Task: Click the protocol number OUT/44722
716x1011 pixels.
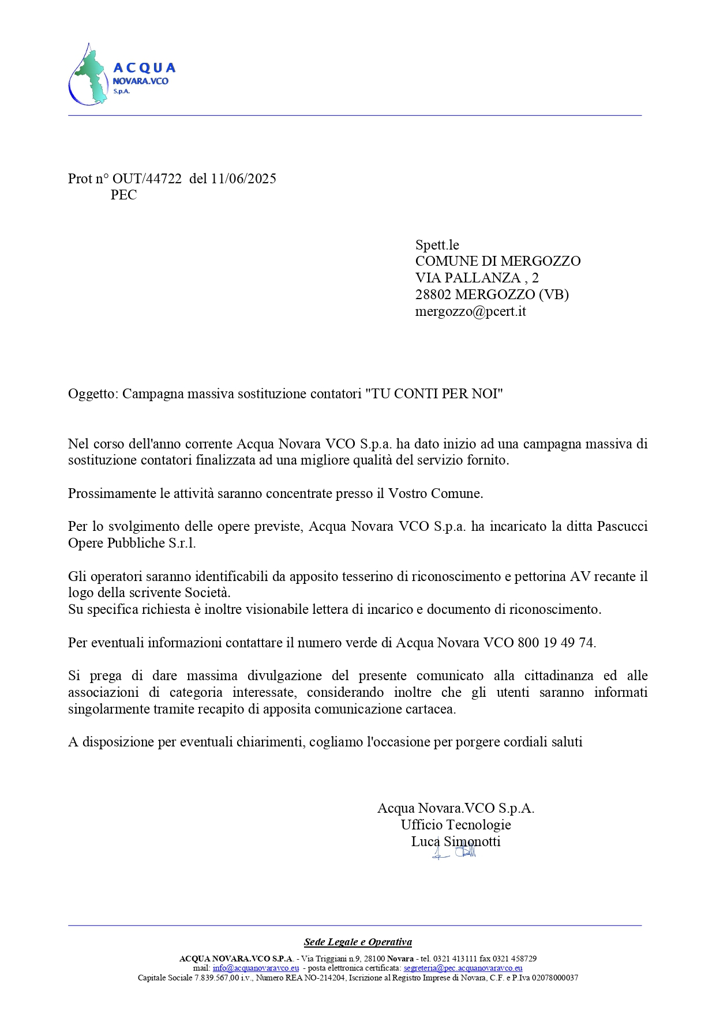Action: click(147, 179)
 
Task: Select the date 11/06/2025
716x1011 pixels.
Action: click(243, 179)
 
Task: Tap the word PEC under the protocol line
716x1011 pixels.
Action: click(123, 195)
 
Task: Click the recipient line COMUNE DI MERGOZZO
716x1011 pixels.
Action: click(497, 261)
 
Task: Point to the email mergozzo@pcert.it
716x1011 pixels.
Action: click(470, 311)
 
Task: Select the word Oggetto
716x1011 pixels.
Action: click(92, 394)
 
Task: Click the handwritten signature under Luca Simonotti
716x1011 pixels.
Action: click(456, 852)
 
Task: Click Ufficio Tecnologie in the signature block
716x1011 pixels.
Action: click(456, 825)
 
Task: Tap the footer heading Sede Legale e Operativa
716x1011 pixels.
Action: click(358, 942)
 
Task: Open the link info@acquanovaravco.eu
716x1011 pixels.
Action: click(256, 968)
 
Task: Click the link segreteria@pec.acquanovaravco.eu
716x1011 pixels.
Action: click(463, 968)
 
